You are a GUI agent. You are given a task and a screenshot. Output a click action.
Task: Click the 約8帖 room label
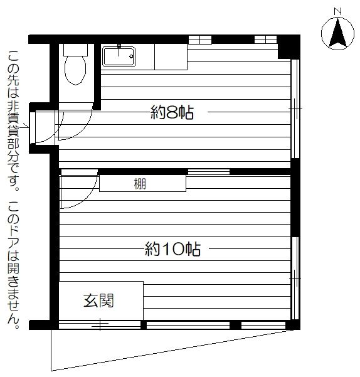click(172, 112)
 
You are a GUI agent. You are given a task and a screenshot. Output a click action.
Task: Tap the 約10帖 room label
click(172, 249)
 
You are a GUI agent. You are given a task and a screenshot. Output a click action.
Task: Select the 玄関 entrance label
click(98, 300)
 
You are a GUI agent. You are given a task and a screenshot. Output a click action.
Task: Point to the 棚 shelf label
click(140, 184)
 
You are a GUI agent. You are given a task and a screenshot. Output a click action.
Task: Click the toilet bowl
click(75, 70)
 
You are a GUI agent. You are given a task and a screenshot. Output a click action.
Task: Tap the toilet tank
click(75, 50)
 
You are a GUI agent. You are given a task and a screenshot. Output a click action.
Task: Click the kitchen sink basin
click(119, 56)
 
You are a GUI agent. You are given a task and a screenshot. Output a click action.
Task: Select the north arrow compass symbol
click(337, 34)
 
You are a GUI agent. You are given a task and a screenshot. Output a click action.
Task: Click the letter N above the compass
click(338, 11)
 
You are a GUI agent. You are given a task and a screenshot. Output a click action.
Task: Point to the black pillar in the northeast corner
click(289, 47)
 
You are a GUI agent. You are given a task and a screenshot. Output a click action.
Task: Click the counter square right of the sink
click(171, 56)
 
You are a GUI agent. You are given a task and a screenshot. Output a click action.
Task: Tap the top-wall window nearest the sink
click(200, 40)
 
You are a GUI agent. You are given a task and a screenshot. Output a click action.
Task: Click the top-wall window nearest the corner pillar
click(266, 40)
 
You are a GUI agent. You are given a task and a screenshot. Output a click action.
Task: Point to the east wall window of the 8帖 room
click(295, 109)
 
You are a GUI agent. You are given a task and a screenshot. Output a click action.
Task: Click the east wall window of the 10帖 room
click(295, 279)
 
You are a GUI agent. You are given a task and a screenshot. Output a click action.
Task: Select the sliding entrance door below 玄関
click(100, 325)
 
